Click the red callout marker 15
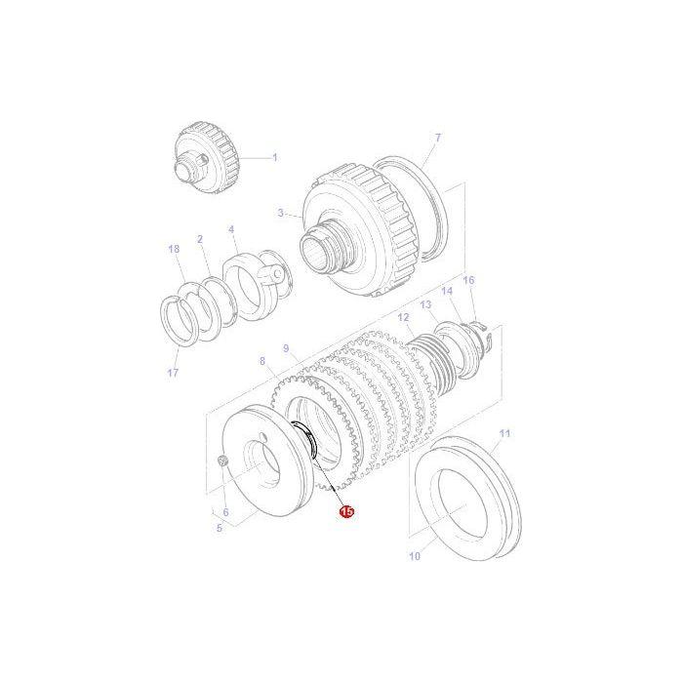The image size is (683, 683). coord(346,509)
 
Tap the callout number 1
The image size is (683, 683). coord(274,157)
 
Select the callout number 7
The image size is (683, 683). coord(438,138)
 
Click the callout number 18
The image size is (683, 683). coord(174,250)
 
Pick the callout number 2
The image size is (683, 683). coord(199,239)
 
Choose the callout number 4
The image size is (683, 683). coord(232,230)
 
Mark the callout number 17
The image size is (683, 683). coord(174,373)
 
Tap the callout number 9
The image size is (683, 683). coord(286,348)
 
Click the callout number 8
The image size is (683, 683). coord(262,362)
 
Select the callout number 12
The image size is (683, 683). coord(403,318)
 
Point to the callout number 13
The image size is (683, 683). coord(425,304)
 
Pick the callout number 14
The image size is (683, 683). coord(447,291)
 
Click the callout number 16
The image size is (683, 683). coord(468,280)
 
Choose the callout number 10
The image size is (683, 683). coord(414,557)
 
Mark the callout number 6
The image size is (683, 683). coord(225,511)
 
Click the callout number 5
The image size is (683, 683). coord(220,529)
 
